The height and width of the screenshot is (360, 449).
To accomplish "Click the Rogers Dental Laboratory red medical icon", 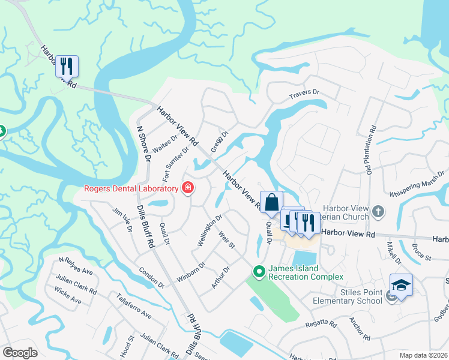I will click(x=188, y=189).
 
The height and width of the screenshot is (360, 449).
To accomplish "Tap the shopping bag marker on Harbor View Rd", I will click(x=271, y=202).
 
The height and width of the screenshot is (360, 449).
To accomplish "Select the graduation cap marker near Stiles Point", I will click(x=400, y=284).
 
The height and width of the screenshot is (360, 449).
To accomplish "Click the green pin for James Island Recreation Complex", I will click(x=259, y=272).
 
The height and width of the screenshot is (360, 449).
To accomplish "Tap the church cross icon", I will click(x=378, y=211).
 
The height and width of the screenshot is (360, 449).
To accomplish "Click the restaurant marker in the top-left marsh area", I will click(x=67, y=65).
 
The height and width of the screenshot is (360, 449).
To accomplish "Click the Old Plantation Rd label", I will click(x=372, y=151).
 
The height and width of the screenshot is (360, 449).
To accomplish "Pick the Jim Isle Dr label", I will click(x=122, y=221).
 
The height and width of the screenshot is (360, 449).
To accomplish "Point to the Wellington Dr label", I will click(x=210, y=230).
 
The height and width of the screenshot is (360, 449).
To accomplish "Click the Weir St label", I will click(x=227, y=242).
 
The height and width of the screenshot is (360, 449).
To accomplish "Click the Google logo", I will click(x=20, y=353).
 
